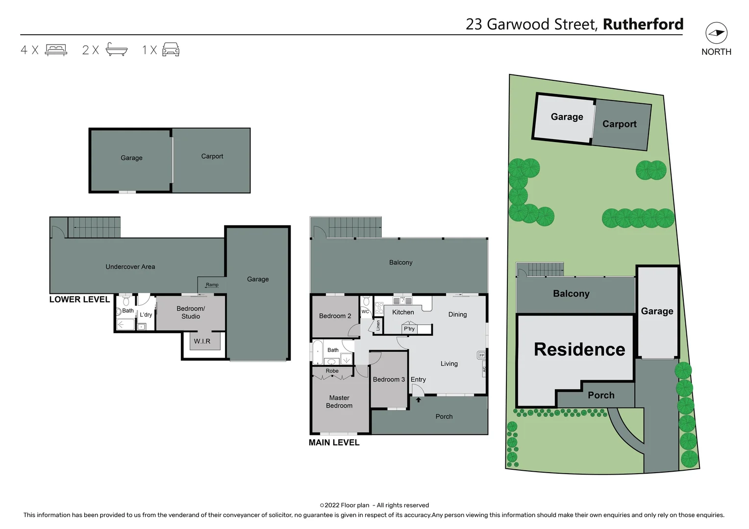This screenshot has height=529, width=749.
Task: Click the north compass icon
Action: click(x=716, y=33)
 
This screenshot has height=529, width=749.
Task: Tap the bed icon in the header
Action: click(x=56, y=49)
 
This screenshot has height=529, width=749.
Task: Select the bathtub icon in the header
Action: click(x=117, y=49)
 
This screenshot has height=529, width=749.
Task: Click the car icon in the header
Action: click(x=171, y=49)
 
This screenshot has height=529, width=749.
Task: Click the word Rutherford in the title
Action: click(x=643, y=24)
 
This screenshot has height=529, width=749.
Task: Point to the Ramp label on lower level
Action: click(x=212, y=285)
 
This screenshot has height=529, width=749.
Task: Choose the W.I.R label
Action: click(x=202, y=341)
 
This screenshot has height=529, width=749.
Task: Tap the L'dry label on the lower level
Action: click(x=146, y=314)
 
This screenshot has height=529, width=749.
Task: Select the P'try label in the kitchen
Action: click(x=409, y=329)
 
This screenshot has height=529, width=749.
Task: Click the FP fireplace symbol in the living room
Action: click(x=481, y=355)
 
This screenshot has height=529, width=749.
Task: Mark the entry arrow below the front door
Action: click(x=419, y=400)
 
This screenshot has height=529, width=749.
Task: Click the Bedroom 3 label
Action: click(x=389, y=380)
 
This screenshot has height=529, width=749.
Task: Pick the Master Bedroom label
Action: click(x=339, y=402)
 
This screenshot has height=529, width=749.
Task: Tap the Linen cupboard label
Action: click(x=378, y=325)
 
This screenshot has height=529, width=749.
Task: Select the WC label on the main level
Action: click(x=365, y=312)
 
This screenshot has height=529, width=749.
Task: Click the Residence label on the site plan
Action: click(x=579, y=349)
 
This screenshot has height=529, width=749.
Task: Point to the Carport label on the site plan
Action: click(x=619, y=124)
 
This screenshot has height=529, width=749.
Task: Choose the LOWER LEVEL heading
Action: click(x=79, y=299)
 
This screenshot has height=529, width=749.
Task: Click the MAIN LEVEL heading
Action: click(x=334, y=442)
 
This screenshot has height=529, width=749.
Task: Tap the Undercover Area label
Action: click(x=130, y=267)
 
